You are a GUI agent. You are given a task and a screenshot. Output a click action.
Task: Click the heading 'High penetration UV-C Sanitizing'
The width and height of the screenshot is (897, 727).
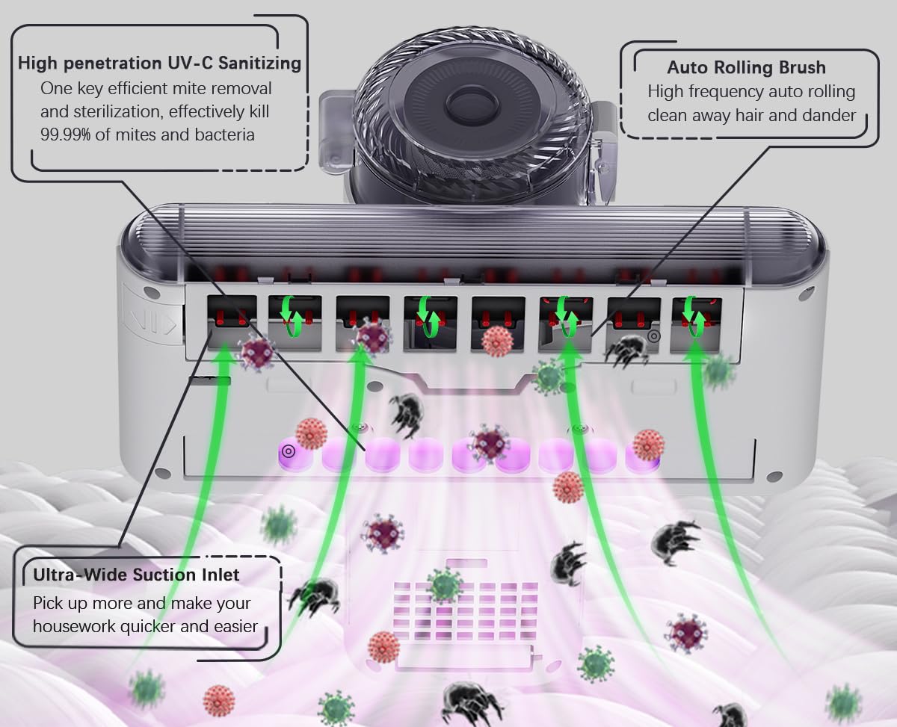point(159,63)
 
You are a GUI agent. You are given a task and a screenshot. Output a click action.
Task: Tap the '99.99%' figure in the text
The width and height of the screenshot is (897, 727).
point(67,134)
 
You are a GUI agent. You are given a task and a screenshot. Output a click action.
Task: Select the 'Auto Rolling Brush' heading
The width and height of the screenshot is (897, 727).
point(746,67)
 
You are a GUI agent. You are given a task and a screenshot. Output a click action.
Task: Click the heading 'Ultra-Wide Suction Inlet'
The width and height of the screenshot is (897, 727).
point(136,575)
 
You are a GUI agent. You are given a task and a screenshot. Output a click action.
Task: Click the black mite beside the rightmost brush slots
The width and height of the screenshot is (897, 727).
point(626,350)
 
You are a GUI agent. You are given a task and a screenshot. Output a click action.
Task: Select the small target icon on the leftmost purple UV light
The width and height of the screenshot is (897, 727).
point(288,451)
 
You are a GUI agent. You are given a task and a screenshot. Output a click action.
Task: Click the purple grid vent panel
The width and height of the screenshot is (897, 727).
point(465,613)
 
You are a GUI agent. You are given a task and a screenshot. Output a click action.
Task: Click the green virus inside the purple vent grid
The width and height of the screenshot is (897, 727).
point(444,584)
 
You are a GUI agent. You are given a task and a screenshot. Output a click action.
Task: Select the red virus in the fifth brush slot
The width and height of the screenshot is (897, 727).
point(497,341)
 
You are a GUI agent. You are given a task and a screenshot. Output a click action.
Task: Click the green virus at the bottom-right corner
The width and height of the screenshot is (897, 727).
point(844,703)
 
